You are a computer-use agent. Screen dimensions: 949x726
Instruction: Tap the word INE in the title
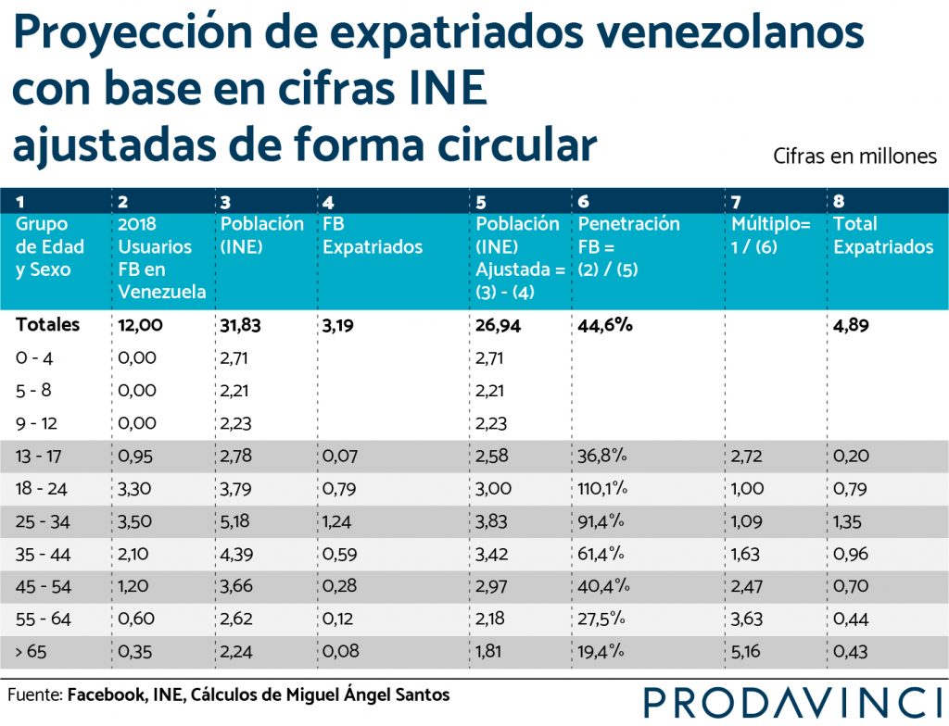coord(446,88)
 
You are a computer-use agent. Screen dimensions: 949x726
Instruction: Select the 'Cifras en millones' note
coord(854,156)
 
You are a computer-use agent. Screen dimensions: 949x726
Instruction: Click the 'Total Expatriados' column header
coord(883,235)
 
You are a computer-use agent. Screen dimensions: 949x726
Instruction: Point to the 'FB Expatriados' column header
coord(373,235)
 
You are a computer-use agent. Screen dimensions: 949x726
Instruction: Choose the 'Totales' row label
coord(48,325)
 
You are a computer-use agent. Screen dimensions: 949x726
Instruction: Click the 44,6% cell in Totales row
coord(604,325)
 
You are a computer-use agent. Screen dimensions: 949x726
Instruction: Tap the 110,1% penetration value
coord(602,488)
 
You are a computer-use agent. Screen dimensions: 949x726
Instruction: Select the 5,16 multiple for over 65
coord(746,652)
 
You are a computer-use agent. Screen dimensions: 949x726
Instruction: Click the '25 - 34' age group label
coord(43,521)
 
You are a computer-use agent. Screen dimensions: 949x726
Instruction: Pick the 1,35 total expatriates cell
coord(847,521)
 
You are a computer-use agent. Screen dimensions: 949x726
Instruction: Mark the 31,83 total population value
coord(240,325)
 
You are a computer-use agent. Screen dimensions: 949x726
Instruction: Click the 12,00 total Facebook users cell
coord(141,325)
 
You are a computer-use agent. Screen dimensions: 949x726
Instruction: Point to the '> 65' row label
coord(31,652)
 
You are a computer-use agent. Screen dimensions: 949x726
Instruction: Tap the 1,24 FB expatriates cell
coord(336,521)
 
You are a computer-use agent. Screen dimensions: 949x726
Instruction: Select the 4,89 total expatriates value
coord(851,325)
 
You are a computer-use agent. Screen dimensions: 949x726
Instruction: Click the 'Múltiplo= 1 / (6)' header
coord(770,235)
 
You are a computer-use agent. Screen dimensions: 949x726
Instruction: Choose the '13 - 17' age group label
coord(38,457)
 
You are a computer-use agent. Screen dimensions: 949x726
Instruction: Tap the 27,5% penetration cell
coord(601,619)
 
